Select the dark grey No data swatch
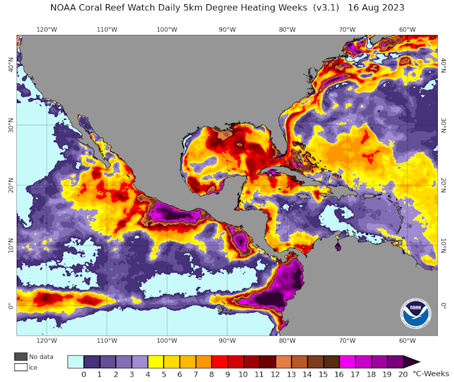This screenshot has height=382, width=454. tap(21, 357)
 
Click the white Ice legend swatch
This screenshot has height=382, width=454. tap(21, 367)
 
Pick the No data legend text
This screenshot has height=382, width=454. tap(42, 357)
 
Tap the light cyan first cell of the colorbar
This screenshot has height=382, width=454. tap(75, 362)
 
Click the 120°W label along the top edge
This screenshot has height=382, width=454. tap(46, 30)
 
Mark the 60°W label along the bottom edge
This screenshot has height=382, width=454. tap(408, 340)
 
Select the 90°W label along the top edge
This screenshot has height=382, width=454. tap(227, 30)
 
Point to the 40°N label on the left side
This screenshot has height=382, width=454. tap(10, 63)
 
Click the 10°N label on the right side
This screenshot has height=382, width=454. tap(444, 246)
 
